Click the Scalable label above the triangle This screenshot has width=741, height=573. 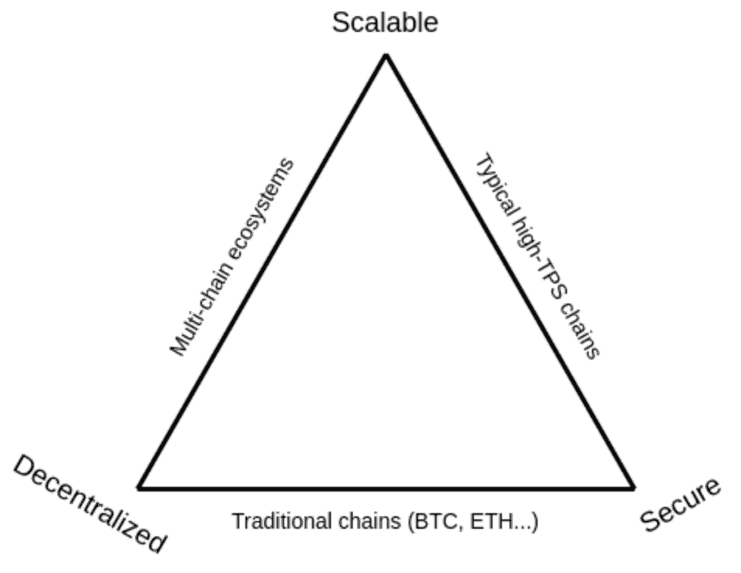(384, 22)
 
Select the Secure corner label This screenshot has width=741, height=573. (680, 505)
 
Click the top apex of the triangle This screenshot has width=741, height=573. (385, 55)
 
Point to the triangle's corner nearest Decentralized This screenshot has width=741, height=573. (140, 488)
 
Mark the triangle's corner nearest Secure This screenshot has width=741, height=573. (632, 488)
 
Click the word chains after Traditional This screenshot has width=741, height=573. (369, 520)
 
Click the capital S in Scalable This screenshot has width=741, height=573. (340, 23)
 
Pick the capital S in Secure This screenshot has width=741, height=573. (649, 522)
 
